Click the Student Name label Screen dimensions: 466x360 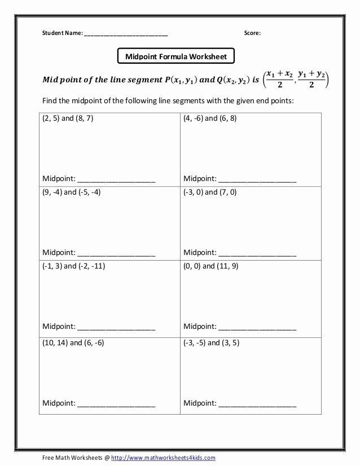62,33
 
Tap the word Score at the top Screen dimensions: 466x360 252,33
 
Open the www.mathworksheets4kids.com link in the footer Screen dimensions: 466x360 163,458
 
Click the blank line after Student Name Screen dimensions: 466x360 126,34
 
